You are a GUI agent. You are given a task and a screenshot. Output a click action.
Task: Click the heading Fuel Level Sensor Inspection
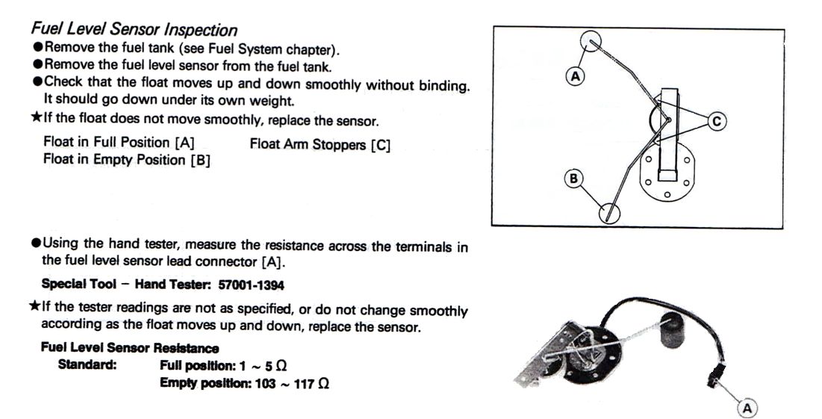134,30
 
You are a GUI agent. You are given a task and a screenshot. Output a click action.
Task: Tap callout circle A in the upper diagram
575,75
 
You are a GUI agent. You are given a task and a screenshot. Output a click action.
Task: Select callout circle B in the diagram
574,179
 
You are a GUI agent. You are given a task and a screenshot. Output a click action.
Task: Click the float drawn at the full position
590,40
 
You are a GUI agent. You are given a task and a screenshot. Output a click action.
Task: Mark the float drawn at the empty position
611,213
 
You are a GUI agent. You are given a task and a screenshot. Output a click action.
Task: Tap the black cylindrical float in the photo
673,332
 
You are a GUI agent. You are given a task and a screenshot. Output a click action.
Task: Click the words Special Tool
76,285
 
